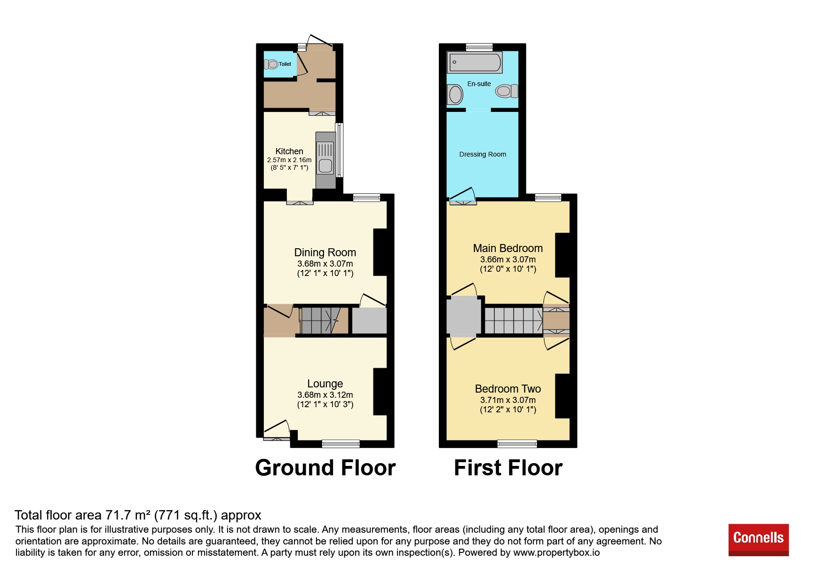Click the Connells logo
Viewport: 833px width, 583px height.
pos(758,539)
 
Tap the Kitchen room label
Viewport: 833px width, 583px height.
pos(289,151)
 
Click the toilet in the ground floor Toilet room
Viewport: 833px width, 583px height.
pos(271,64)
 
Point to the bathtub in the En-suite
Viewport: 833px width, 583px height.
pos(476,62)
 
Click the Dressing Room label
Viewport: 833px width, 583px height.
pos(483,154)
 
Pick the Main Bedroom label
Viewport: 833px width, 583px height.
pos(508,248)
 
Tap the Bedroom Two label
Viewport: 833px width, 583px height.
pos(508,389)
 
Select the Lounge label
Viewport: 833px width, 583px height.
pos(325,384)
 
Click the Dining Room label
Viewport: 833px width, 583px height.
pos(325,252)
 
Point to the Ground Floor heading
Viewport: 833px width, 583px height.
pos(325,468)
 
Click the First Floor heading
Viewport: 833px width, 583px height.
pos(508,468)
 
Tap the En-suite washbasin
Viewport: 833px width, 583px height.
pos(455,95)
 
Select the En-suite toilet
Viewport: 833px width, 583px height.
pos(507,91)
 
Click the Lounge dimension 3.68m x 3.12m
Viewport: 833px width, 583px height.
pos(325,395)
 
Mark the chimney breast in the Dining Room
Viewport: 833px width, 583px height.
pos(380,252)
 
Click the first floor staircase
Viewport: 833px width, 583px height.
pos(514,320)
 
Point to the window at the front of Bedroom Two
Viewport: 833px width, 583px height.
pos(517,443)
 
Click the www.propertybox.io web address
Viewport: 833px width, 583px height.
pos(556,552)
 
